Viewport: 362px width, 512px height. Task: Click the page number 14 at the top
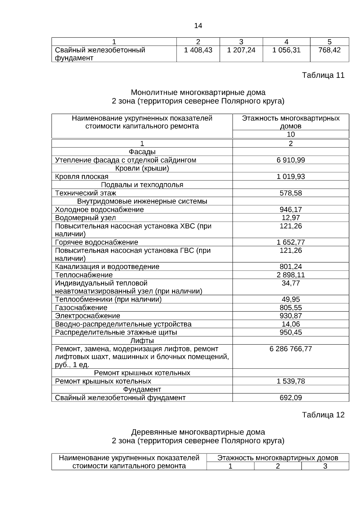tap(198, 26)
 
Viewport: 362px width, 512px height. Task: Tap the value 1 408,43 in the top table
tap(198, 50)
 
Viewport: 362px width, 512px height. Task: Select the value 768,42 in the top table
tap(329, 50)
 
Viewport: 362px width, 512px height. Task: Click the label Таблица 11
tap(323, 75)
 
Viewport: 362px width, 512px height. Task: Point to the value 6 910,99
tap(291, 160)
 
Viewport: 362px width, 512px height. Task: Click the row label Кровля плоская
tap(82, 176)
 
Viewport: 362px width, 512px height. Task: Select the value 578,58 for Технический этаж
tap(291, 193)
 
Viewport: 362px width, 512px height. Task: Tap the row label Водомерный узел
tap(85, 218)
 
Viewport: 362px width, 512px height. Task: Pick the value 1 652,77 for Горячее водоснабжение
tap(291, 242)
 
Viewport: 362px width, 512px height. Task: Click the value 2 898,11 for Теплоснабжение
tap(291, 275)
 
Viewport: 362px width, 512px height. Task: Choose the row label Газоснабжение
tap(81, 308)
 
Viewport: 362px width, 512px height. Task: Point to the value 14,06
tap(291, 324)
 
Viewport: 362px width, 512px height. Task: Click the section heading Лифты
tap(142, 341)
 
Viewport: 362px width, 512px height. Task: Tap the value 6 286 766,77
tap(291, 349)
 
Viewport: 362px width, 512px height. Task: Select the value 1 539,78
tap(291, 381)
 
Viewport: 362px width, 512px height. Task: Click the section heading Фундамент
tap(142, 390)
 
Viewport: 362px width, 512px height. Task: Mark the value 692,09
tap(291, 398)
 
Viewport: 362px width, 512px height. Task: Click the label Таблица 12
tap(323, 415)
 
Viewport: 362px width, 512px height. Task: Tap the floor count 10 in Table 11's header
tap(291, 135)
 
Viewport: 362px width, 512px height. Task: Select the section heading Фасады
tap(142, 152)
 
